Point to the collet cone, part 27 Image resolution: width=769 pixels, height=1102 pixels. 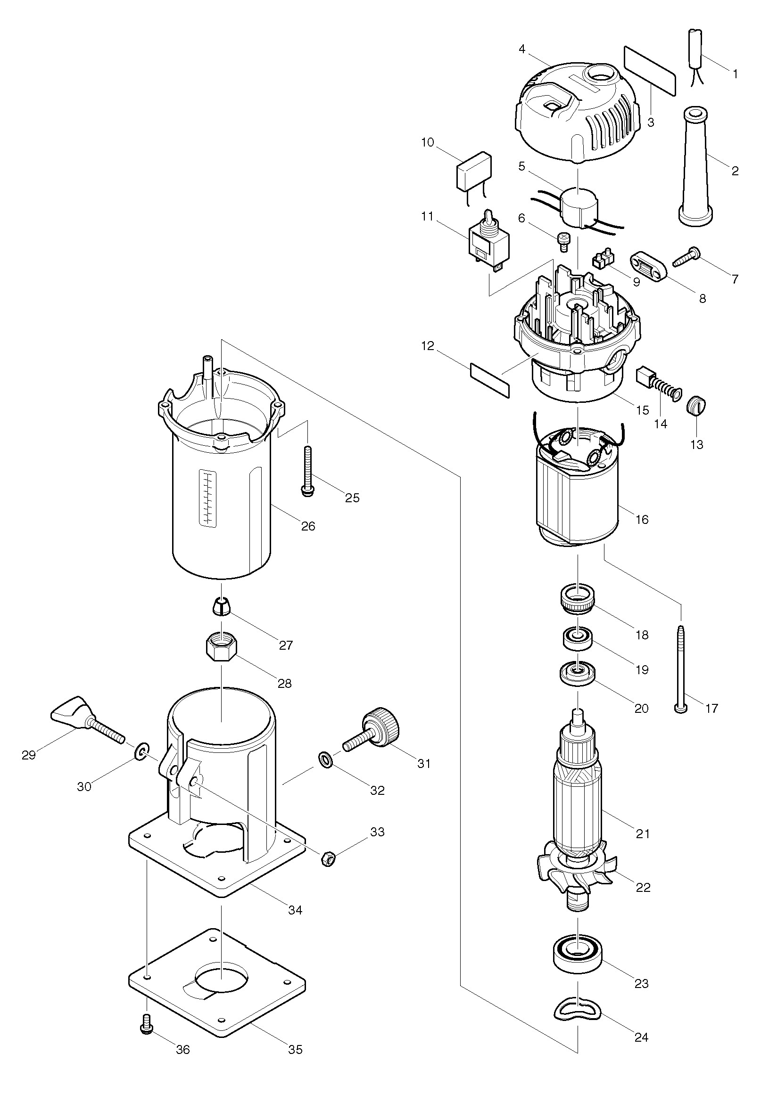pos(220,607)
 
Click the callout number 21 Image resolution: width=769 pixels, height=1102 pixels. pos(643,834)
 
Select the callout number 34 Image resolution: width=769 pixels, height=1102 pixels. pos(295,909)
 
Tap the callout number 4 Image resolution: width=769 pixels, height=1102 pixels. pos(522,49)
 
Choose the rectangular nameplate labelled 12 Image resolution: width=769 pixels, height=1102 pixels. pos(489,380)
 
